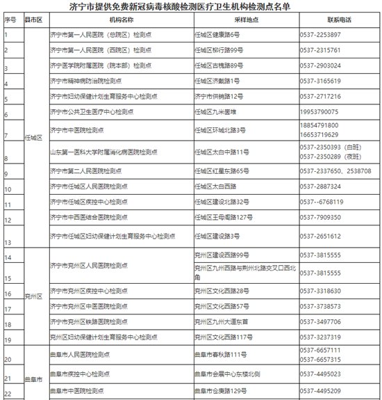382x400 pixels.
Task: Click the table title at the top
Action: pos(190,6)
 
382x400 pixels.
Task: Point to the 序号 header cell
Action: pos(10,20)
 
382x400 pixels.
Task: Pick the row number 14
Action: pos(8,258)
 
